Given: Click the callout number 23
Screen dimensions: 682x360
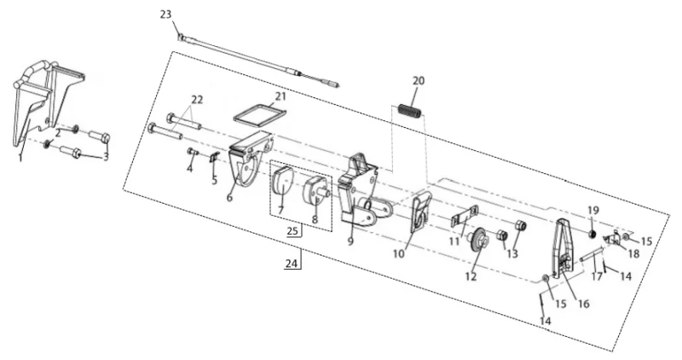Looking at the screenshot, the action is coord(165,15).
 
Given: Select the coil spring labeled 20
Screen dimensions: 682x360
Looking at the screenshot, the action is coord(410,111).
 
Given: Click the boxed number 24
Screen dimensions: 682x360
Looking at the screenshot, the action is coord(292,264).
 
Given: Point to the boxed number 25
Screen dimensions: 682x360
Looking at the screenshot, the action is coord(292,230).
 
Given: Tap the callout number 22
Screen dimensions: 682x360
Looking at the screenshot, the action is coord(197,100).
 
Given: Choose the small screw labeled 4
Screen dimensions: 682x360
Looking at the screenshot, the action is coord(192,152).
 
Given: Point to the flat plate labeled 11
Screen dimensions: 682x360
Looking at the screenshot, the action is coord(464,217).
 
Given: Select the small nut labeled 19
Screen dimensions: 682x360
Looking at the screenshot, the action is coord(592,235).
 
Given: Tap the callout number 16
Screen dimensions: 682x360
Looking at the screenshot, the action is coord(583,303).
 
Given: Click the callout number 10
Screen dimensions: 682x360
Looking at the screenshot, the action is coord(399,253).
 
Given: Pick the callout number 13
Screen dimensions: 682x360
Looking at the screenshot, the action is coord(513,253).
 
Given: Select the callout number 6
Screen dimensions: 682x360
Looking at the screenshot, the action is coord(229,197).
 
